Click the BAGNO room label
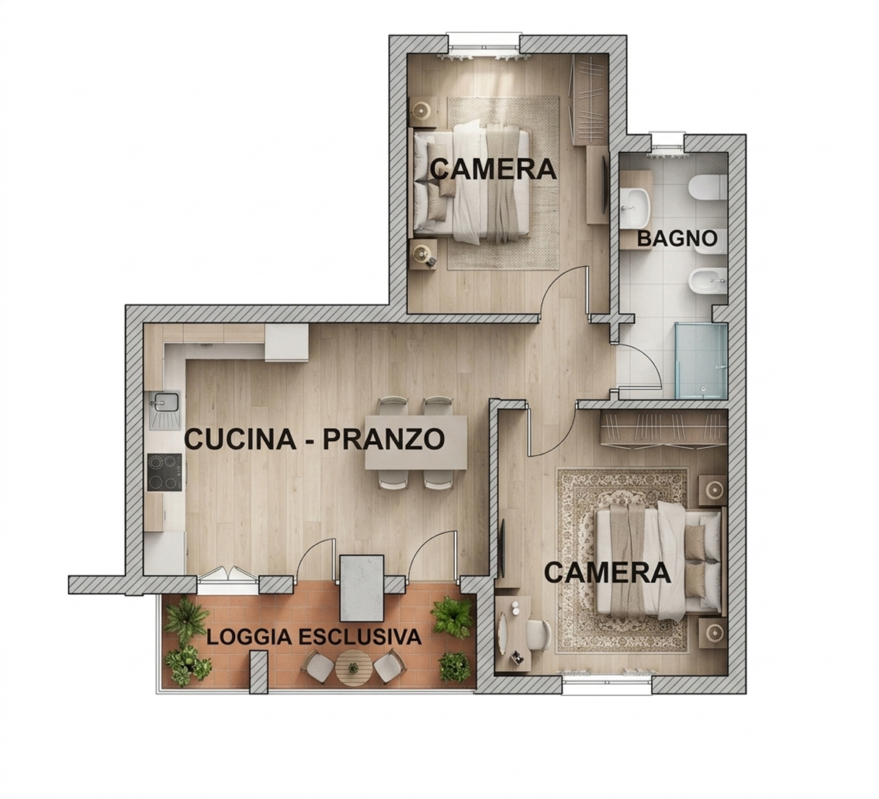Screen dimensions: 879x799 tap(677, 239)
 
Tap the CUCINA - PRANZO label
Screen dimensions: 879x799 tap(315, 439)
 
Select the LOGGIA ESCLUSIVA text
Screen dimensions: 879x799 tap(314, 637)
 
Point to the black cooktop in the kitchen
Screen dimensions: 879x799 tap(164, 472)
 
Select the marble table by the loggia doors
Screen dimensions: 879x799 tap(363, 587)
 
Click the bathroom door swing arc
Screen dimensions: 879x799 tap(648, 359)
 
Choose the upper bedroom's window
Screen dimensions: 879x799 tap(483, 45)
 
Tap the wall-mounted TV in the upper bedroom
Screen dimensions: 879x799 tap(604, 185)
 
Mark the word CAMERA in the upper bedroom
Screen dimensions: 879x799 tap(493, 169)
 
